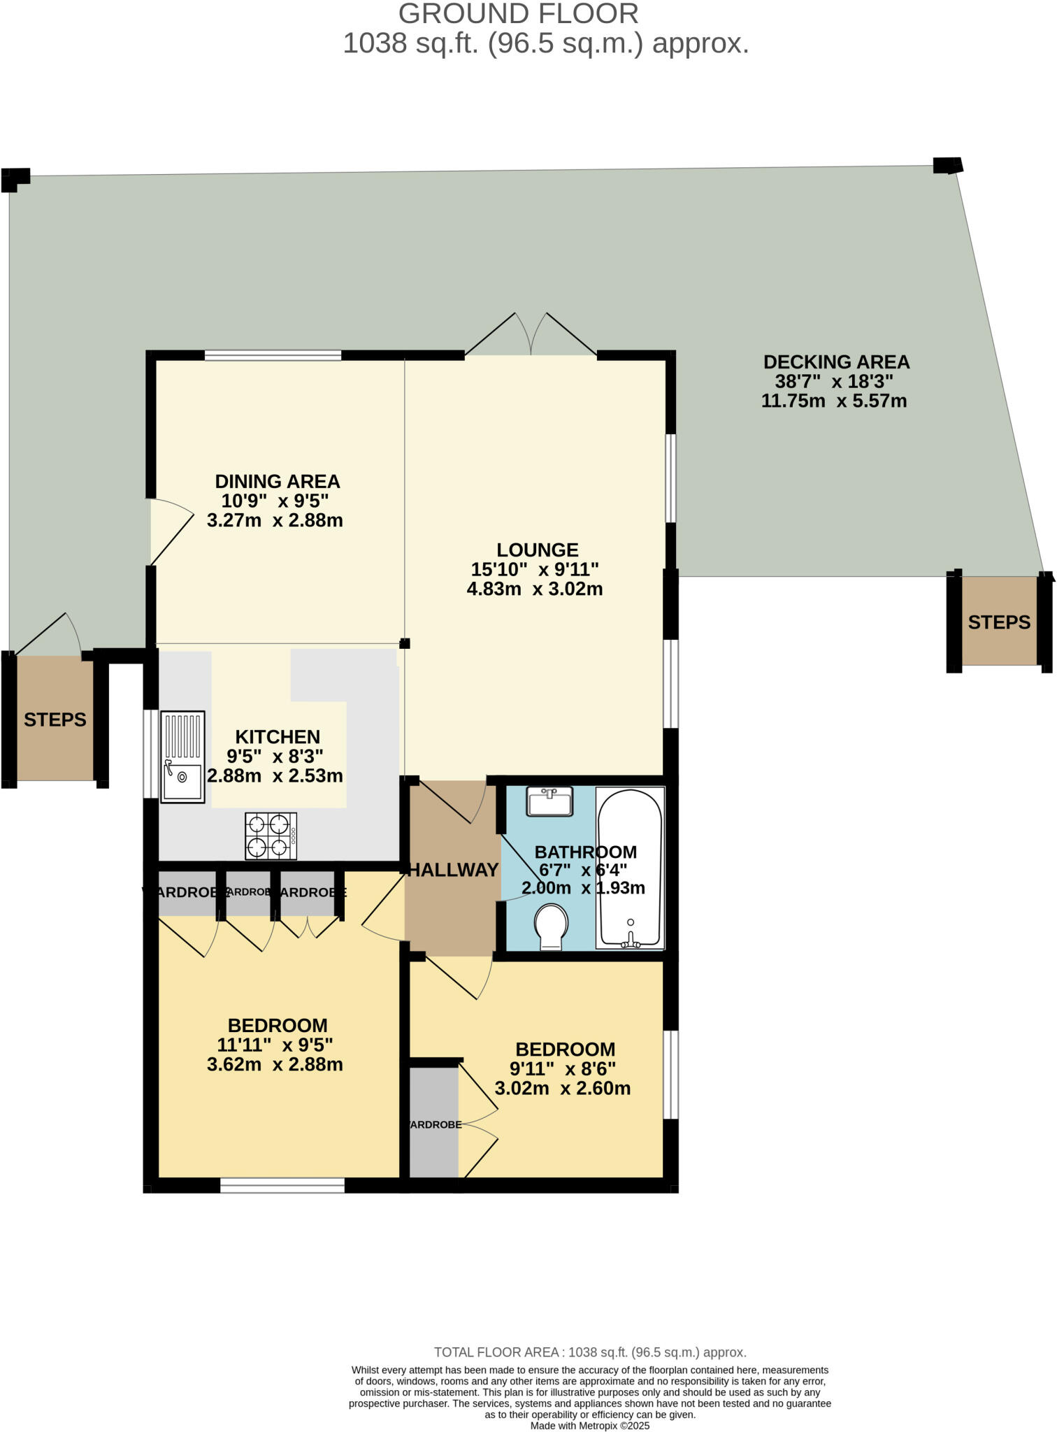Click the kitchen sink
(182, 757)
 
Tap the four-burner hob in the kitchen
(271, 836)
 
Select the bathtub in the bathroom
(630, 868)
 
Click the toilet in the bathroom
(551, 926)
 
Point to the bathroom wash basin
(550, 801)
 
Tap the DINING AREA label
(277, 481)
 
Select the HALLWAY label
(453, 870)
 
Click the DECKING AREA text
(836, 362)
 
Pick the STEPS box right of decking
(999, 621)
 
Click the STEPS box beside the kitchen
(55, 719)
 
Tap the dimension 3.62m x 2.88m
(275, 1065)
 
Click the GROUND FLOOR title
(518, 14)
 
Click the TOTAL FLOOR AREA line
(590, 1352)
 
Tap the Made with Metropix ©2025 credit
(590, 1426)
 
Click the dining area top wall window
(273, 355)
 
